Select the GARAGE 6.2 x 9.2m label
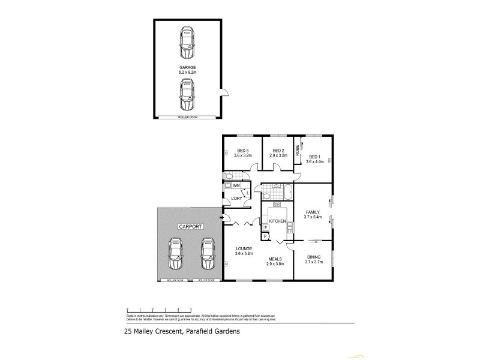[x=187, y=70]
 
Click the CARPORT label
[x=190, y=227]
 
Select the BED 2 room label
[x=278, y=153]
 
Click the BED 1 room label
[x=314, y=158]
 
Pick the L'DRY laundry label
[x=236, y=199]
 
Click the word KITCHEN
[x=277, y=222]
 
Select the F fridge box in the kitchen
[x=265, y=228]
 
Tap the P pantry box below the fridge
[x=265, y=237]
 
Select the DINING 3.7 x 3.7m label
[x=313, y=259]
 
